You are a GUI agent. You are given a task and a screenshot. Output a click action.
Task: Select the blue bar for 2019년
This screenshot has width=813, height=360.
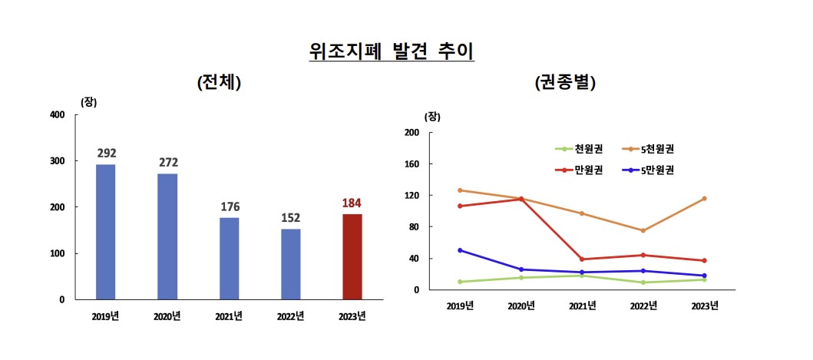tap(105, 231)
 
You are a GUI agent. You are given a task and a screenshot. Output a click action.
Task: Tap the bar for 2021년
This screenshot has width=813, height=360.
tap(229, 258)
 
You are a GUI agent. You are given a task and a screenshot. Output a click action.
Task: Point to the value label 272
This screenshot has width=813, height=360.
tap(167, 163)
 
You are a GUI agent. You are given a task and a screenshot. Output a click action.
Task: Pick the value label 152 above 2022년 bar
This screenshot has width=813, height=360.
tap(290, 218)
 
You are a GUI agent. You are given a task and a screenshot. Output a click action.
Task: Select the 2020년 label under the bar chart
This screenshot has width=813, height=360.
tap(167, 315)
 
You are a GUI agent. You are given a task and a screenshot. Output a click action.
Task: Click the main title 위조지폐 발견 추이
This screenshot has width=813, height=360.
tap(392, 51)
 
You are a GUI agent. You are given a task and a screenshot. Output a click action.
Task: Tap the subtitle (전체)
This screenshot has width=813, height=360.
tap(219, 83)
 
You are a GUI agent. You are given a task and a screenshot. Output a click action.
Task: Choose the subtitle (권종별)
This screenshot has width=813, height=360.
tap(565, 83)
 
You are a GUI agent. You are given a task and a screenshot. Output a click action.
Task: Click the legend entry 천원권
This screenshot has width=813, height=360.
tap(590, 149)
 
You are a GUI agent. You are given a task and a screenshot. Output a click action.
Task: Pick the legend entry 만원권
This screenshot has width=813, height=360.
tap(590, 170)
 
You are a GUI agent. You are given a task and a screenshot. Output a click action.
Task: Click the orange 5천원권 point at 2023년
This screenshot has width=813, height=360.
tap(704, 199)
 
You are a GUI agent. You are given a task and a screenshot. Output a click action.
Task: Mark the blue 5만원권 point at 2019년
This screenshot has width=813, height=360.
tap(460, 250)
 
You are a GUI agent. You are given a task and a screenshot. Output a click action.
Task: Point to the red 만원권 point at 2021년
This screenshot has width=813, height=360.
tap(582, 259)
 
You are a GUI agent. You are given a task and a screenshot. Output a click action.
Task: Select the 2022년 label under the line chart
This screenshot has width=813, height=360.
tap(643, 306)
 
